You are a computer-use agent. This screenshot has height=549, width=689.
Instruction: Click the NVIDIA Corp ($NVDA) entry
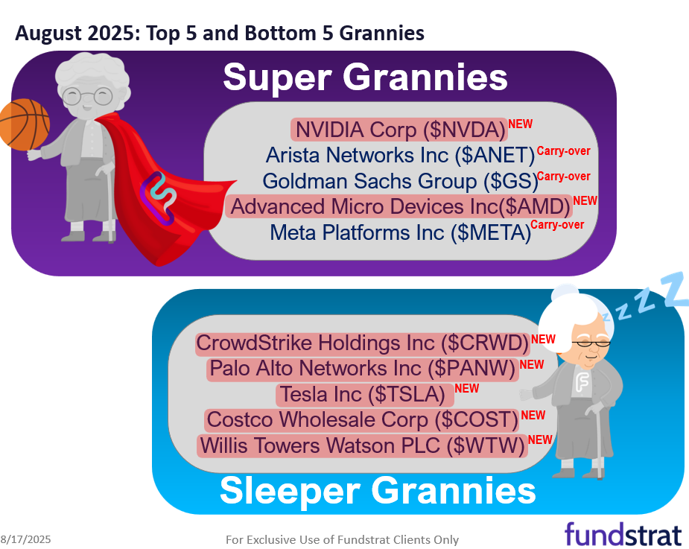(x=399, y=130)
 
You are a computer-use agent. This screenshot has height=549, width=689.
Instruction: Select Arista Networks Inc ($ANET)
(x=401, y=156)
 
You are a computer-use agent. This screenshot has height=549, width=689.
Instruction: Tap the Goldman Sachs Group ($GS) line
(x=399, y=181)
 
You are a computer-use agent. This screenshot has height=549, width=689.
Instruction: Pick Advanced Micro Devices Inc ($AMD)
(x=399, y=206)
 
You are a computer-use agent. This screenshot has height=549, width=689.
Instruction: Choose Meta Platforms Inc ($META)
(x=400, y=232)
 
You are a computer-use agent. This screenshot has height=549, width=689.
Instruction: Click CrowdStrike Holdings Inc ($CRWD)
(x=363, y=343)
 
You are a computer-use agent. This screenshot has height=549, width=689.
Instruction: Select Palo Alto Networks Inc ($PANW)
(x=363, y=369)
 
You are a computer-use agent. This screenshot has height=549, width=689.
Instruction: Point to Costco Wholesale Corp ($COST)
(x=362, y=420)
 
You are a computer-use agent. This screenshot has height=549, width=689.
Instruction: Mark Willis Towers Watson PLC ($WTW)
(x=362, y=445)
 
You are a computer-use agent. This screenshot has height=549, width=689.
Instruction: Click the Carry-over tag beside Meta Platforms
(x=558, y=225)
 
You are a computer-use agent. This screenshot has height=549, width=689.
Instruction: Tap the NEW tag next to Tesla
(x=467, y=388)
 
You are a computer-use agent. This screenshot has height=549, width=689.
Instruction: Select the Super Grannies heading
(x=365, y=77)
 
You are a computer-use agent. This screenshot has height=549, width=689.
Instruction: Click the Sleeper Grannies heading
(x=378, y=491)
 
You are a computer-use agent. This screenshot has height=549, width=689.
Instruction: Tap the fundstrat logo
(x=623, y=534)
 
